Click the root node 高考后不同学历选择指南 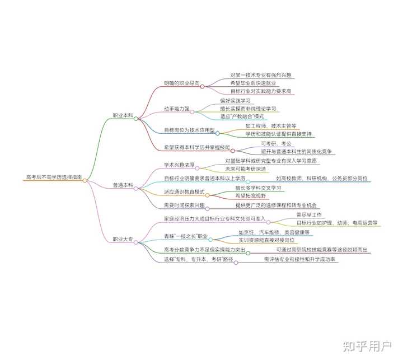53,177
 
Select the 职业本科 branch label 123,115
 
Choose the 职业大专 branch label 123,239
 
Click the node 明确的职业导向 181,83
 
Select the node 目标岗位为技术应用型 189,130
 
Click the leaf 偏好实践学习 235,100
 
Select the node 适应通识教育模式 184,191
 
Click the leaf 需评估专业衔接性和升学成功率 301,260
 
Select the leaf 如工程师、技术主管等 270,127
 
